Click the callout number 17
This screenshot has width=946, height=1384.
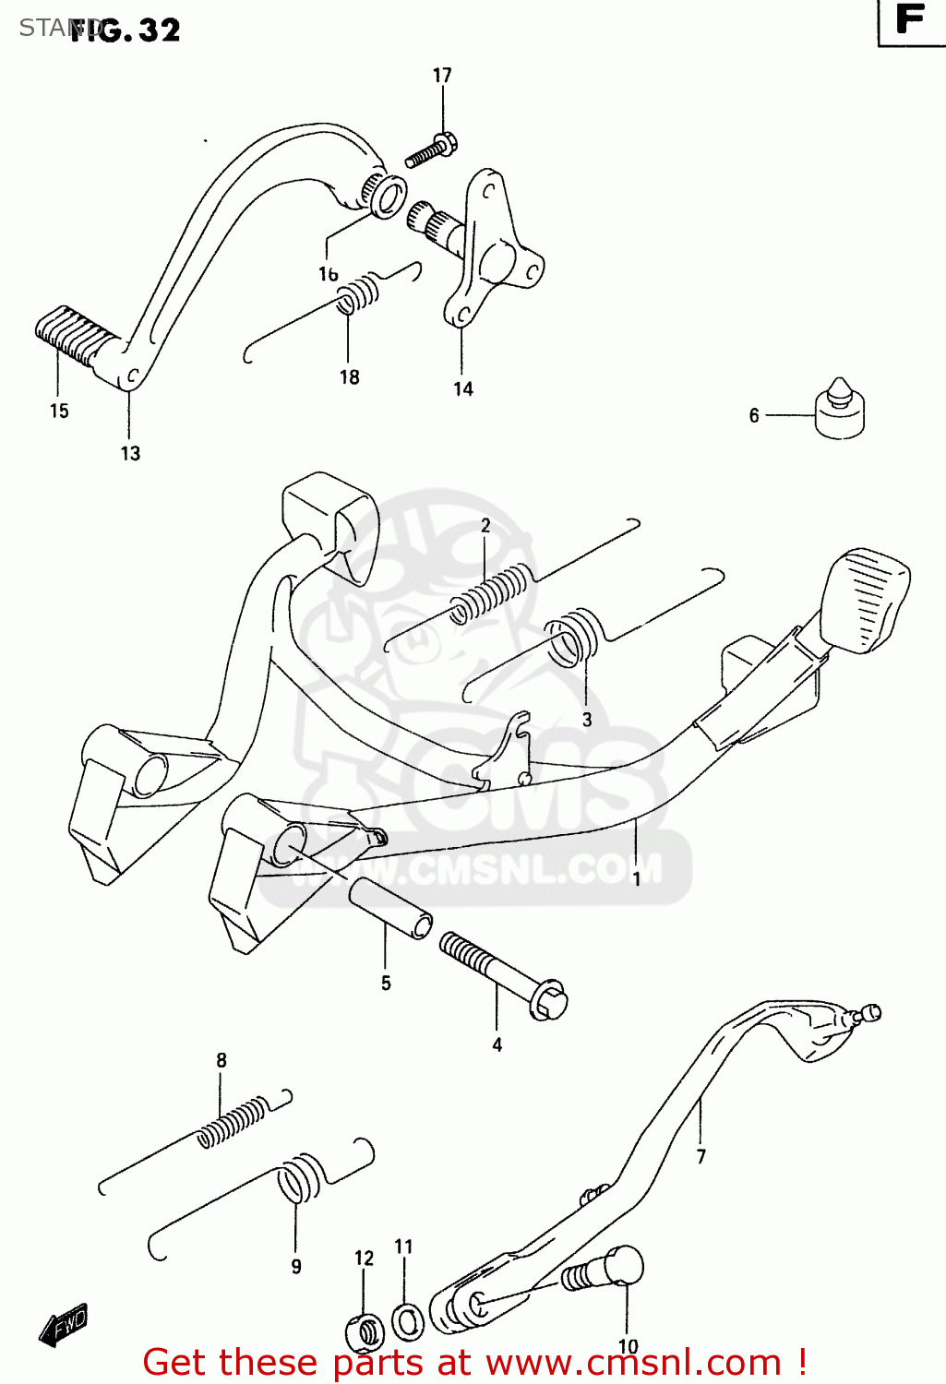(442, 75)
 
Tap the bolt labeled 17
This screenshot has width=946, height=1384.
(431, 150)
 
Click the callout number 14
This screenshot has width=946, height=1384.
(463, 389)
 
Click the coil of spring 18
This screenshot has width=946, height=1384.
(357, 295)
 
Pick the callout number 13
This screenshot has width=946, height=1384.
(130, 453)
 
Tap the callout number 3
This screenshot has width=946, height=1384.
(587, 719)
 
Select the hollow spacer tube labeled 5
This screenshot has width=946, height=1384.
(390, 908)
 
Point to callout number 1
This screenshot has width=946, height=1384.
(636, 879)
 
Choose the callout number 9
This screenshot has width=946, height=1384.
(296, 1266)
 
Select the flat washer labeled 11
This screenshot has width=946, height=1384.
(407, 1320)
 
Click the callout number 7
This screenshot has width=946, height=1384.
(701, 1156)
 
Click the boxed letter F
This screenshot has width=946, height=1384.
(911, 20)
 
